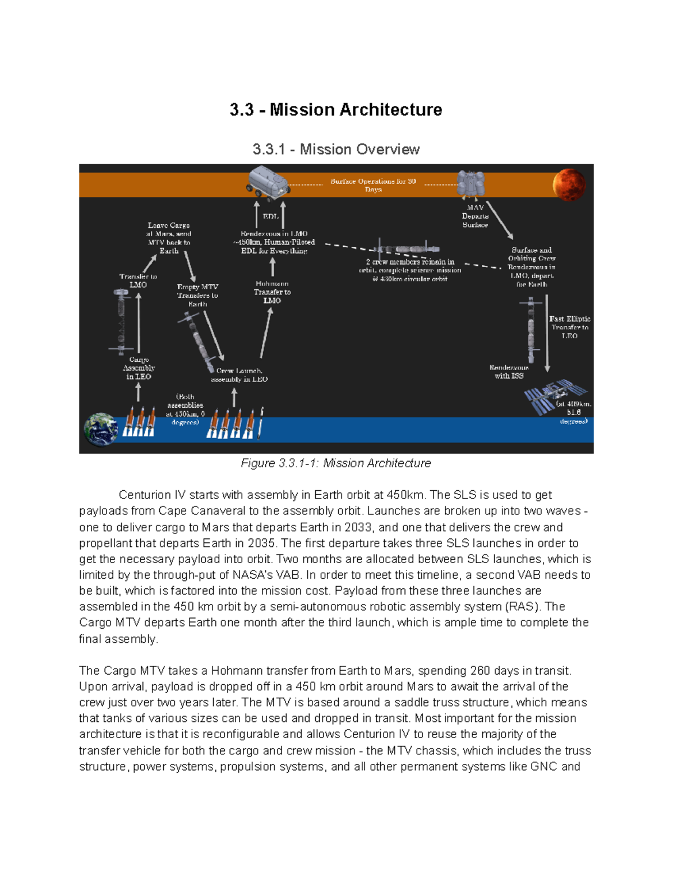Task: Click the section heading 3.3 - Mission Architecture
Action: (x=335, y=109)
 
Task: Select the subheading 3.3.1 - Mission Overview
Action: (x=335, y=149)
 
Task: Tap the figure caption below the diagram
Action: (x=335, y=463)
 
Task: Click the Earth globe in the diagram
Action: (x=100, y=429)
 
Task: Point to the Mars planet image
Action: (x=569, y=185)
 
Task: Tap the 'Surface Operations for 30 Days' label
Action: (x=373, y=185)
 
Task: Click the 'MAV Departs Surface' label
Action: (x=475, y=216)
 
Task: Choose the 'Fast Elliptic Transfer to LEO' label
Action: (x=569, y=327)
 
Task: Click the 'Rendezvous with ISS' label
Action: (x=509, y=372)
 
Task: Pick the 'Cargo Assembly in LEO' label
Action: (x=139, y=368)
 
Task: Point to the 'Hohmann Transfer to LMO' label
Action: (x=272, y=292)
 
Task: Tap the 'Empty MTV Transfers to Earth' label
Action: (x=197, y=295)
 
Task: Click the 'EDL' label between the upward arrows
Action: (x=270, y=216)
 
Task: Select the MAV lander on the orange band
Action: (x=471, y=183)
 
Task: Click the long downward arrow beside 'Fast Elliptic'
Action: (x=547, y=334)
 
